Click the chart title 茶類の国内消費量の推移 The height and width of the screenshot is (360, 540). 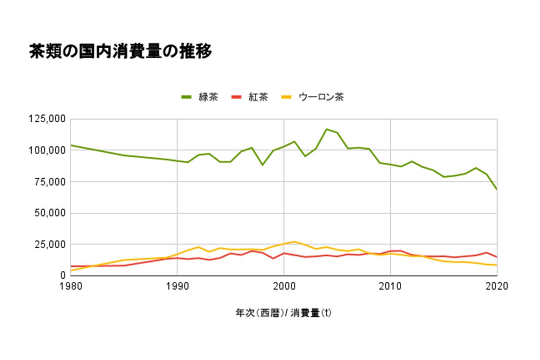(120, 51)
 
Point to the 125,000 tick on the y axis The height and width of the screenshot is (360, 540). (47, 119)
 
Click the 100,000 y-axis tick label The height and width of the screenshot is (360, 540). (47, 150)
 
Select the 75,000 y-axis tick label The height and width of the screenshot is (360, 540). (50, 182)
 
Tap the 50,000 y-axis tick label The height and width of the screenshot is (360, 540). (50, 213)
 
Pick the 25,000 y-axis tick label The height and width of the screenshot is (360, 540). (50, 245)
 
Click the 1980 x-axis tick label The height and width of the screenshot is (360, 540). (71, 286)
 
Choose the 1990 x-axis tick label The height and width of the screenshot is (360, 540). (177, 286)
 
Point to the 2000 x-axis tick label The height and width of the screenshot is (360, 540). (284, 286)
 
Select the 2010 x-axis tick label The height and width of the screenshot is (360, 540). (390, 286)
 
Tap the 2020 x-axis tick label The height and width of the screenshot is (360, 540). (497, 286)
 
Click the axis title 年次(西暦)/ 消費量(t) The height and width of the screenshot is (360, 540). (283, 313)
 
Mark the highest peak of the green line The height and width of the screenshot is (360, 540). (326, 129)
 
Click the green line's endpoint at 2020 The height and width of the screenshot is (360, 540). (497, 190)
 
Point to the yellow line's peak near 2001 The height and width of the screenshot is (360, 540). (295, 242)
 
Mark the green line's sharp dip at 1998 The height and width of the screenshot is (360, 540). (263, 165)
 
